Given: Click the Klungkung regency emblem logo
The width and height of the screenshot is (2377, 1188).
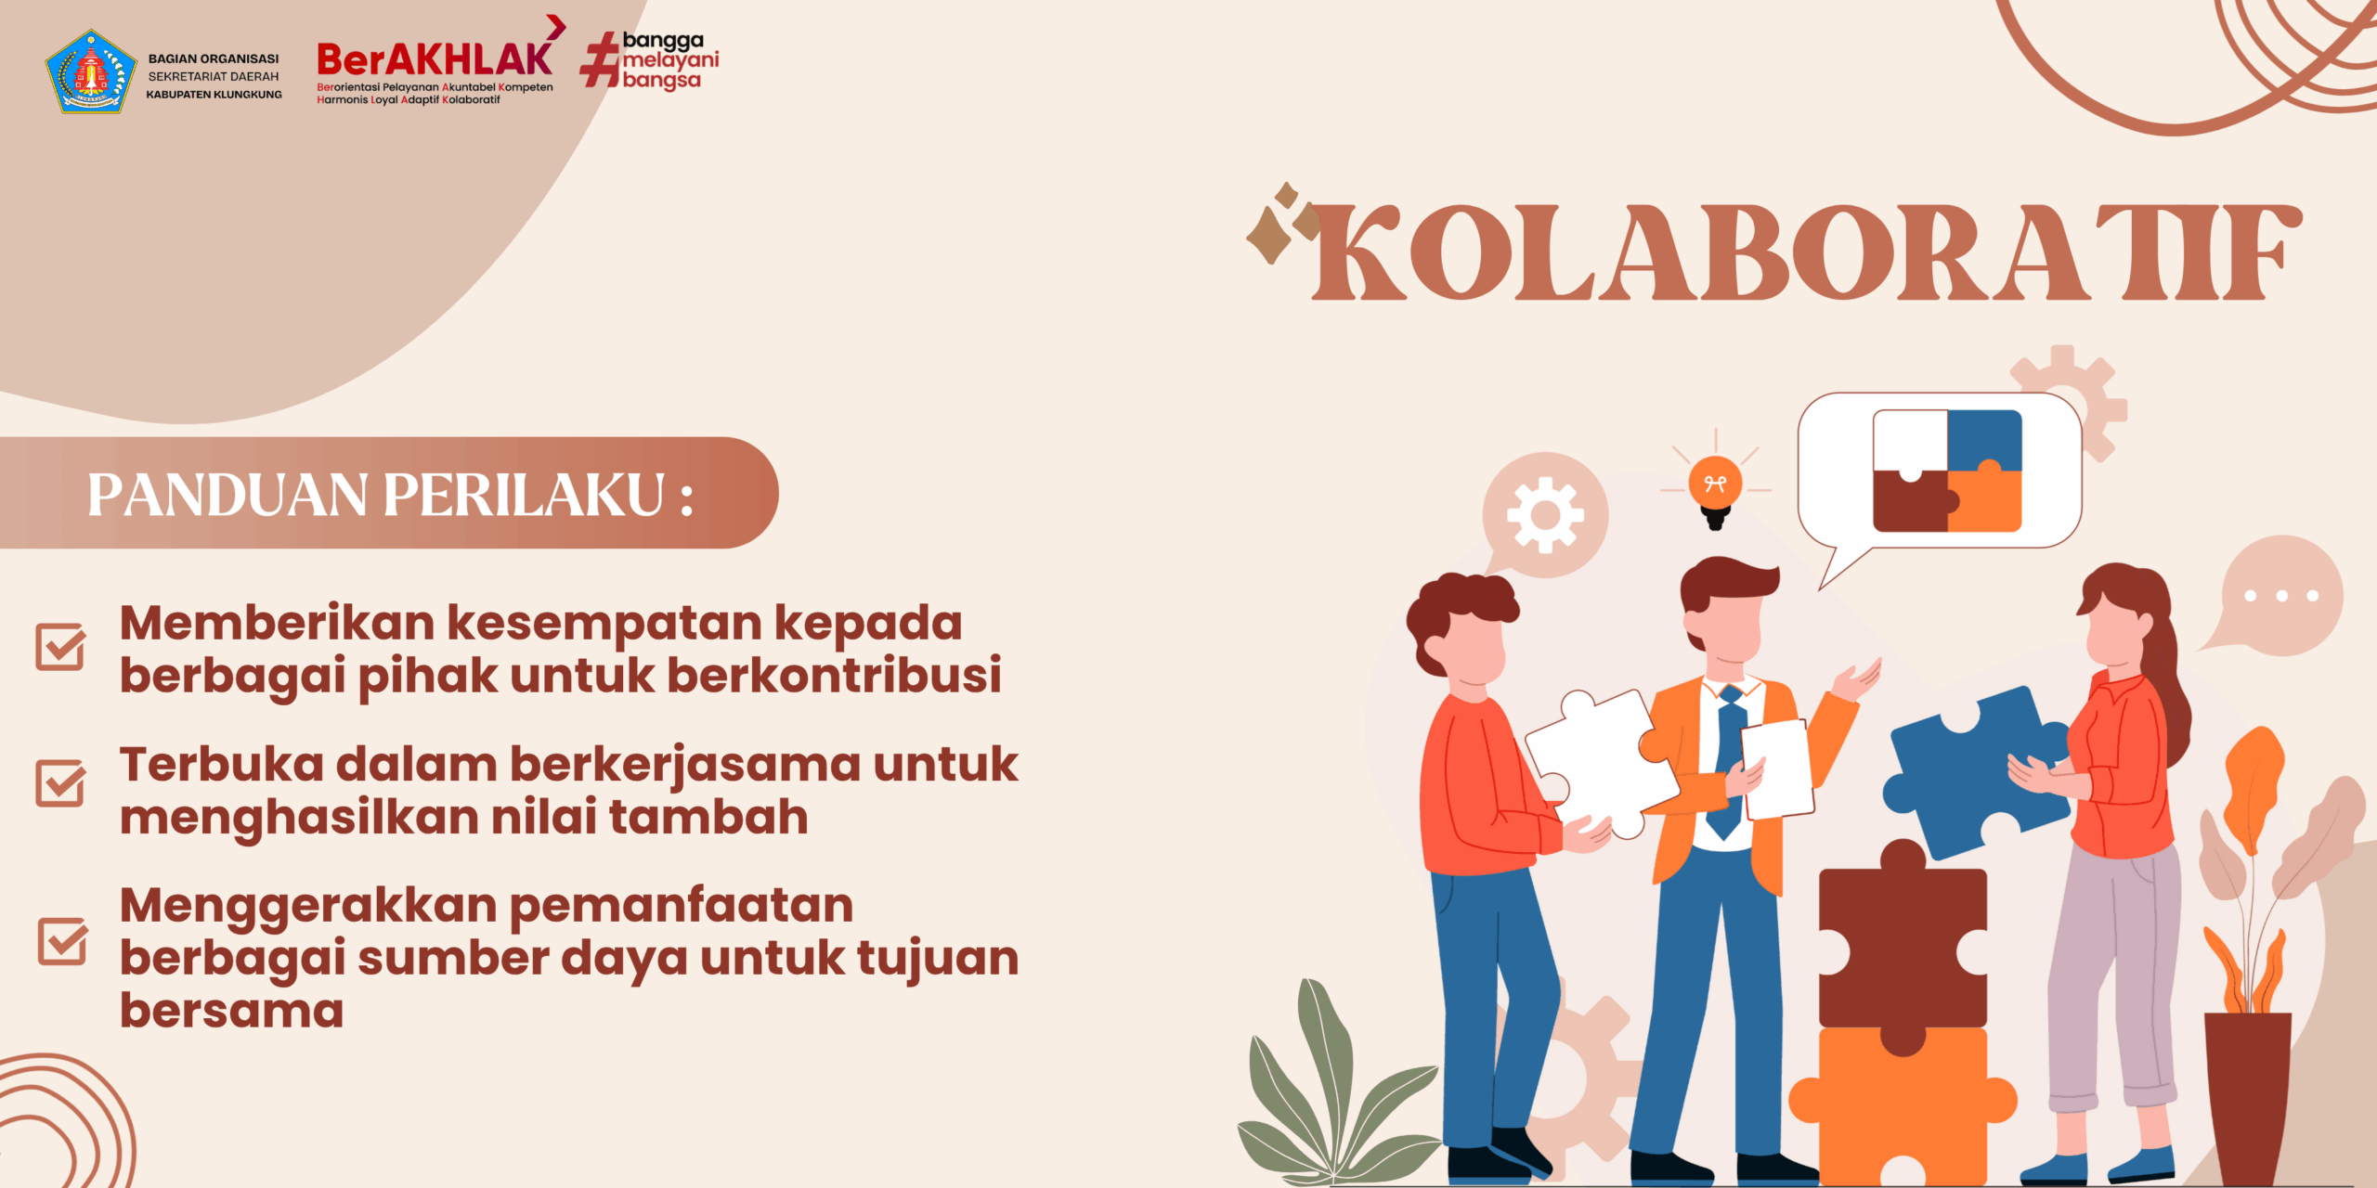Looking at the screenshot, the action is [90, 71].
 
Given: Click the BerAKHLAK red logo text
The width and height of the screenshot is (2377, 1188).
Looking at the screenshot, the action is [435, 59].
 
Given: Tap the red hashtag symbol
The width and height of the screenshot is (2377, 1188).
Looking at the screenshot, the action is [600, 60].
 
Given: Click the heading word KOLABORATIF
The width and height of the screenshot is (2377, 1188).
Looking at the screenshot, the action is [1806, 252].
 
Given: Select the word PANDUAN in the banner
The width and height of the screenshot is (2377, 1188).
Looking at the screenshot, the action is [227, 495].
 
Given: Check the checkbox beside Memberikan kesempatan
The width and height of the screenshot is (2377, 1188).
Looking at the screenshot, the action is [61, 647].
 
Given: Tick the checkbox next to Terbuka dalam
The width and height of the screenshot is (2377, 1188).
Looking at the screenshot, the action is [61, 783].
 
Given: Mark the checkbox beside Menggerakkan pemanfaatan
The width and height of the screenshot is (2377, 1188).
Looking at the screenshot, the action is [62, 941].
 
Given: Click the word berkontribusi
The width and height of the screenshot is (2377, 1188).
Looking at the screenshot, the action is [834, 675].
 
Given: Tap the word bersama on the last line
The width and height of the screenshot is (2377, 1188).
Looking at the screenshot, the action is [232, 1010].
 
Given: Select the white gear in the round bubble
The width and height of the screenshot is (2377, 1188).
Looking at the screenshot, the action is [1545, 515].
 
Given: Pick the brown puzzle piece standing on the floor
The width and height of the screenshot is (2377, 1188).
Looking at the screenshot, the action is [1903, 947].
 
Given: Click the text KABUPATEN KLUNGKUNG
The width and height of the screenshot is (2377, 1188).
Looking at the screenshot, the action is [214, 95].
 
